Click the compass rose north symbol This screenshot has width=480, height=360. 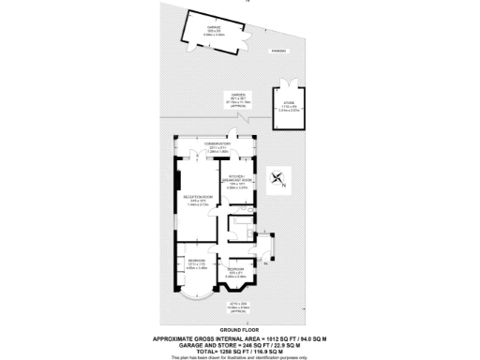[277, 179]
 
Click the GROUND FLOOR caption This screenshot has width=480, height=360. [240, 330]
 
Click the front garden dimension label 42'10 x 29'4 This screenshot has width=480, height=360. [239, 305]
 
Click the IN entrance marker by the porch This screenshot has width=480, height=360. [265, 266]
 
